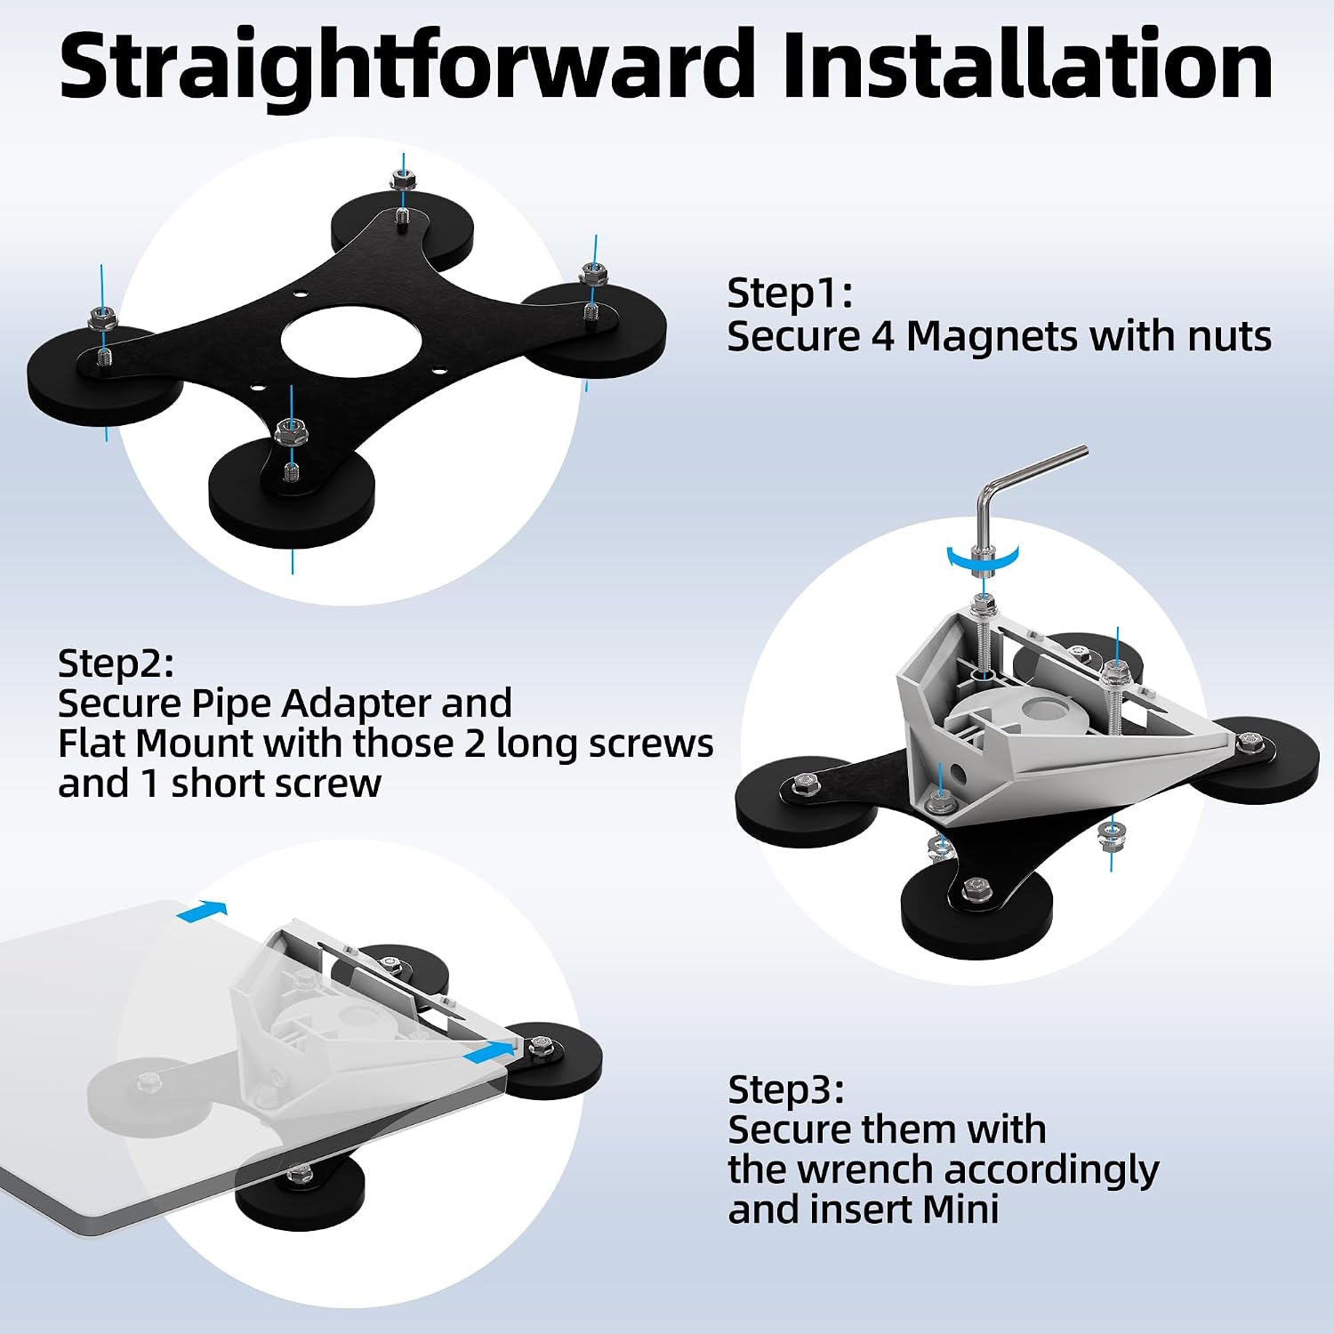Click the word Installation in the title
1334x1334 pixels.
pyautogui.click(x=1028, y=64)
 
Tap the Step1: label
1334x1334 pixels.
pyautogui.click(x=790, y=293)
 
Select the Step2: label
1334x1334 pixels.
pyautogui.click(x=116, y=664)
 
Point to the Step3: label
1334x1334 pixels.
pyautogui.click(x=786, y=1089)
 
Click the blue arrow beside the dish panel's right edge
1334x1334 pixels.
pyautogui.click(x=489, y=1050)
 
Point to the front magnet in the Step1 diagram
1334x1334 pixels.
pyautogui.click(x=292, y=488)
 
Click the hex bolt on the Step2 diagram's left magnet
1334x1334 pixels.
pyautogui.click(x=800, y=784)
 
